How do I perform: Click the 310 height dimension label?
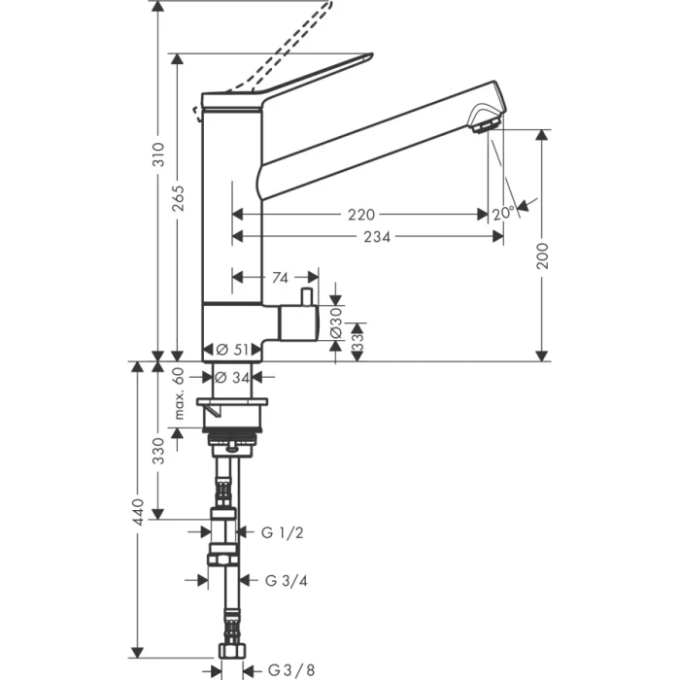click(158, 155)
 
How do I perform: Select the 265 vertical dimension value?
click(179, 199)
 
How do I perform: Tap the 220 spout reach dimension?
click(364, 215)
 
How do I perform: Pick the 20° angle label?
click(503, 214)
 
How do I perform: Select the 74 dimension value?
click(280, 278)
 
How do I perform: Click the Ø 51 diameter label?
click(233, 350)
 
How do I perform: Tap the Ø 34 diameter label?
click(233, 377)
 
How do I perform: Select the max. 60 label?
click(179, 393)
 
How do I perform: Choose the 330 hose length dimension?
click(158, 450)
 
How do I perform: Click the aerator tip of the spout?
click(483, 123)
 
